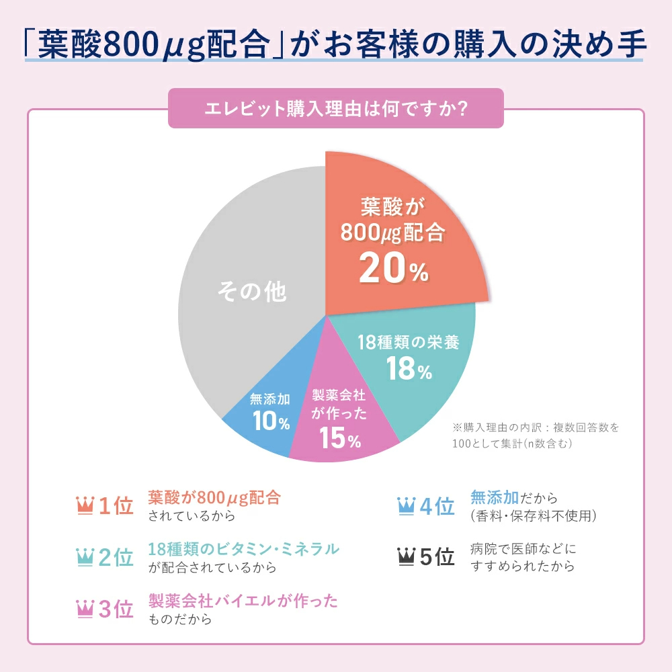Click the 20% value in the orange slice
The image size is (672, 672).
tap(393, 268)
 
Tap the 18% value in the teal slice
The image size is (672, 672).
tap(409, 369)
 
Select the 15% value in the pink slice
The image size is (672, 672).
tap(340, 439)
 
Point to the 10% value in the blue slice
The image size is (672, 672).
tap(271, 421)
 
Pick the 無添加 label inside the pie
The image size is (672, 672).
tap(270, 399)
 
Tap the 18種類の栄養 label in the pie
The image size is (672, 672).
tap(409, 343)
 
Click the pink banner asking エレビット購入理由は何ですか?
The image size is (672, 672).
tap(335, 108)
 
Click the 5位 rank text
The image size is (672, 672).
tap(437, 558)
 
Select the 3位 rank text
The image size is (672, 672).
tap(116, 609)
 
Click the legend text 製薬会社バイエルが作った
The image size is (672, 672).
tap(243, 600)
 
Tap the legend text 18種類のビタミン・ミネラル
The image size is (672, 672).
tap(243, 549)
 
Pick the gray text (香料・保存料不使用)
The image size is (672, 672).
tap(534, 516)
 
